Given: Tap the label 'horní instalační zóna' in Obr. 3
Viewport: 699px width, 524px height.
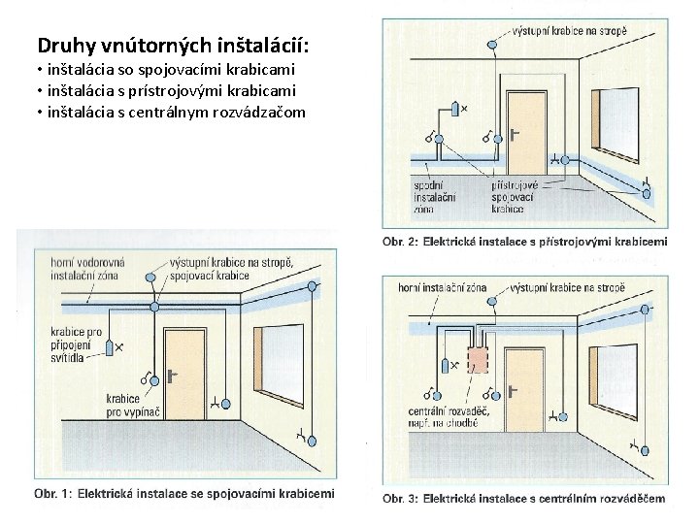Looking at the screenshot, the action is pyautogui.click(x=443, y=288).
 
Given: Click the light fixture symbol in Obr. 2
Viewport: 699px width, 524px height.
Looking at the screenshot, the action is pyautogui.click(x=454, y=108).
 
